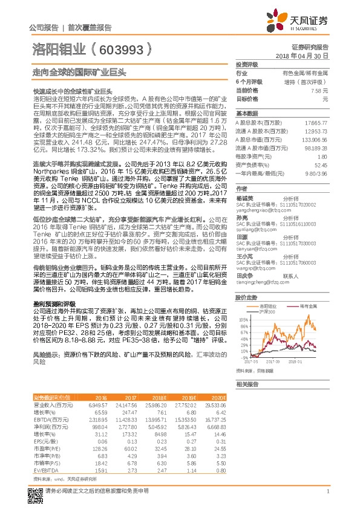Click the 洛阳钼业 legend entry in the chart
click(x=270, y=308)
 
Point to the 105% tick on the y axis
click(x=243, y=319)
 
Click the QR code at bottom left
click(x=34, y=496)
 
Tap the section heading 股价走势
click(x=245, y=297)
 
